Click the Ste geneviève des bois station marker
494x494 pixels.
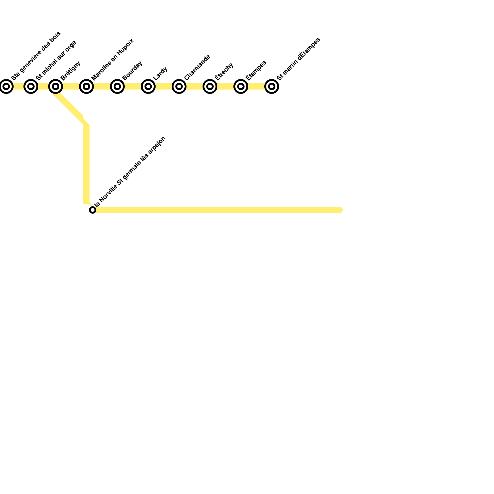(x=6, y=86)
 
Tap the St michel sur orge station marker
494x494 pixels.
(x=31, y=86)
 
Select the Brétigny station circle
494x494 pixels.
(x=56, y=86)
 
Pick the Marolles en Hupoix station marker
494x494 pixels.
(x=86, y=86)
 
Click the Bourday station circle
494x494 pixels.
(x=117, y=86)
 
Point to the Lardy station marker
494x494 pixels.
(x=148, y=86)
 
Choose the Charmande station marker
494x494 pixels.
(x=179, y=86)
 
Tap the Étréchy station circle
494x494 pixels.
(x=210, y=86)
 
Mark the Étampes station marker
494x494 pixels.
(x=241, y=86)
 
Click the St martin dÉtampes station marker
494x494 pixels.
(x=272, y=86)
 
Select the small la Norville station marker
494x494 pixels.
(x=93, y=210)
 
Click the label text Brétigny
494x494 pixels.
(x=71, y=70)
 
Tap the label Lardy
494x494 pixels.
(x=160, y=73)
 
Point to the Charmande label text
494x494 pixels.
(x=197, y=67)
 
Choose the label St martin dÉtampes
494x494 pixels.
(x=299, y=59)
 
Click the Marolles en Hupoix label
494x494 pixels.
(x=113, y=59)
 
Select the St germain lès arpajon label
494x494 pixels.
(x=142, y=161)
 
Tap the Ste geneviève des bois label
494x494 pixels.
(x=36, y=56)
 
